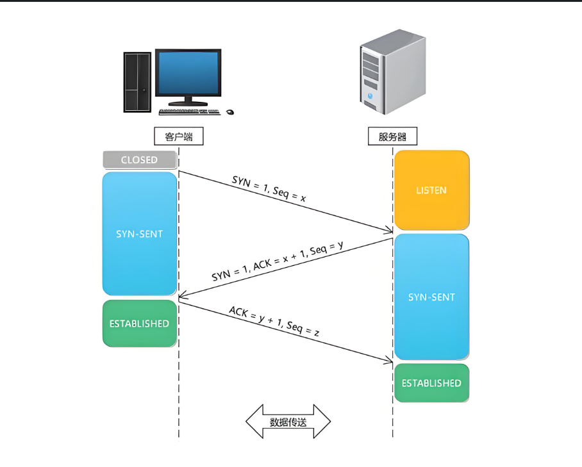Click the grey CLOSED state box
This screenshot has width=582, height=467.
(139, 160)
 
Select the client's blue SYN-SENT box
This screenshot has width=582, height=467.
(139, 233)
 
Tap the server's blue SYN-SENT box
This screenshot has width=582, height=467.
(431, 297)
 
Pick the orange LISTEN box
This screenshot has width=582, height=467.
(431, 190)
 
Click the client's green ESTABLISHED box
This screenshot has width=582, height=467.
(139, 324)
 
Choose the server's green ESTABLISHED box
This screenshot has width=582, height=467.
(431, 383)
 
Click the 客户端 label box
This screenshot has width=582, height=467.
(179, 136)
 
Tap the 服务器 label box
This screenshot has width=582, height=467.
(392, 136)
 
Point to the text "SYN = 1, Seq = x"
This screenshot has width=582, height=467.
(269, 190)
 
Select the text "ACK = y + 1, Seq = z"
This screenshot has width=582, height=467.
(274, 322)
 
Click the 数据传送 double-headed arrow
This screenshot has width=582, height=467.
(288, 422)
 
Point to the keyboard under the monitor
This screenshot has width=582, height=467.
(188, 112)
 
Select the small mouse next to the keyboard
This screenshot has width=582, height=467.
(229, 112)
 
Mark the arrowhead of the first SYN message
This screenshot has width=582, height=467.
(389, 231)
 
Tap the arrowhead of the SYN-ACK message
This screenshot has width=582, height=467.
(182, 297)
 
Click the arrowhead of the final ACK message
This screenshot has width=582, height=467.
(389, 361)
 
